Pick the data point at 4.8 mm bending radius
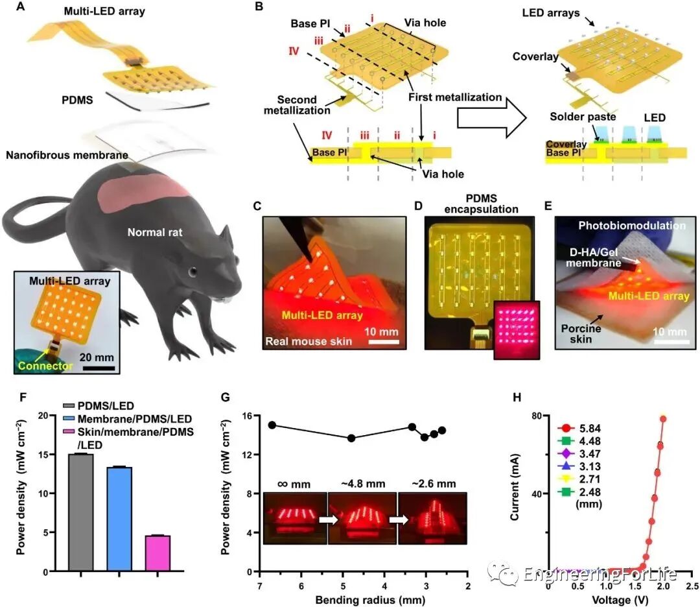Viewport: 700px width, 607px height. [351, 438]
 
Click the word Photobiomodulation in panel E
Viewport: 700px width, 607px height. [622, 226]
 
